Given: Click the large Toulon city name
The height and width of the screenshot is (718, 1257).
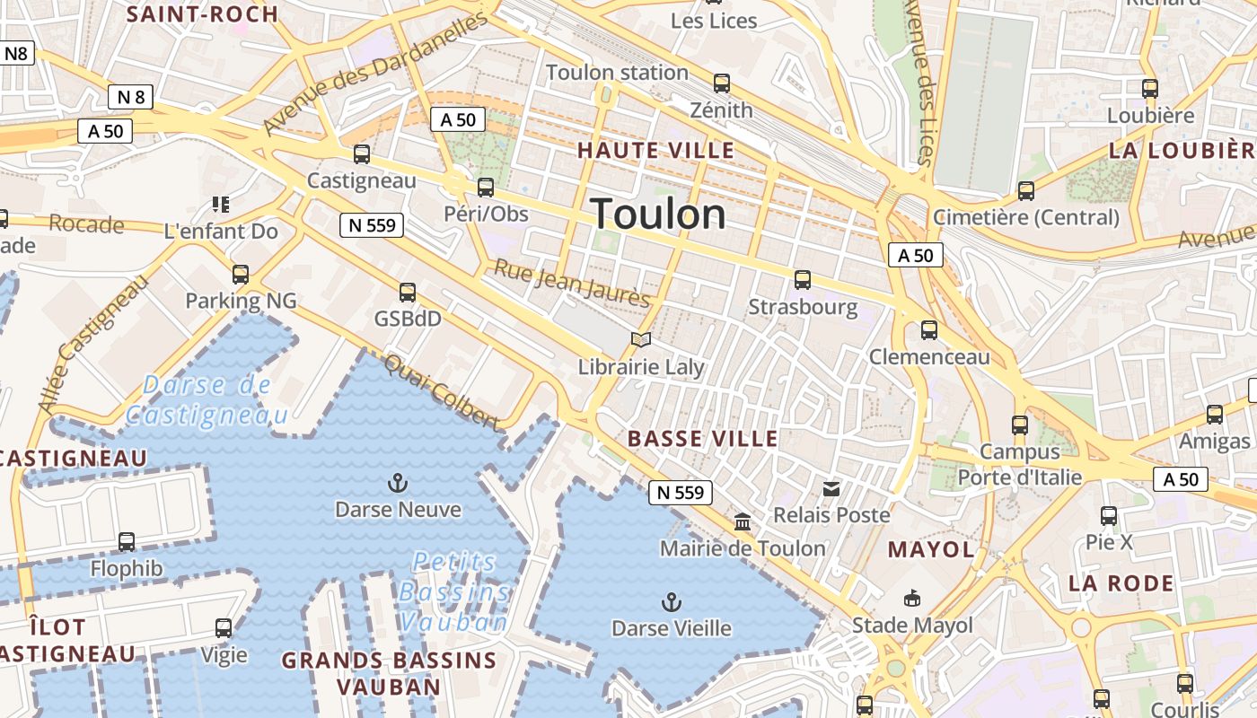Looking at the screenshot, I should (658, 215).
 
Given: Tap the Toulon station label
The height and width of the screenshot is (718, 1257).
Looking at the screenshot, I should (617, 73).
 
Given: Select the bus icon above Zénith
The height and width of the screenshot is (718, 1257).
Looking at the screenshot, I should (722, 83).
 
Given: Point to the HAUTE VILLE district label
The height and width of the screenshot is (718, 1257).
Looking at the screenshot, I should (656, 150).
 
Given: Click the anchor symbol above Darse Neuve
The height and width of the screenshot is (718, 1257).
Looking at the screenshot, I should (397, 484).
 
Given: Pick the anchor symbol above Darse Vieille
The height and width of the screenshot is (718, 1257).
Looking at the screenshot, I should (671, 602).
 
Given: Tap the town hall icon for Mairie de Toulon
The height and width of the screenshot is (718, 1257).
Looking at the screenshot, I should (743, 521).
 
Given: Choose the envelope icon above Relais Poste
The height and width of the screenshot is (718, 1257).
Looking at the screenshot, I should (831, 489).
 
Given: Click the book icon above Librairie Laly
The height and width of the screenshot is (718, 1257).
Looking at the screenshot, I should (640, 340).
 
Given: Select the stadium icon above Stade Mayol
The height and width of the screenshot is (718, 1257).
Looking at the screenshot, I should (912, 598).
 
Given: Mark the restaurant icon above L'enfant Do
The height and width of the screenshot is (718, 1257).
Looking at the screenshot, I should (221, 205).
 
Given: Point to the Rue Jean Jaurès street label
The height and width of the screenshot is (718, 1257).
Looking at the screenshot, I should (572, 283).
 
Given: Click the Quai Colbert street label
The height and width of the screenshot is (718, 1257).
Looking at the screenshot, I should (441, 392).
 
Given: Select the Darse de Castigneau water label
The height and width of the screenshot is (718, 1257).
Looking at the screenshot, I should (207, 400).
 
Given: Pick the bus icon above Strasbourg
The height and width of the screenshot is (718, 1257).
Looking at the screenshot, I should (803, 280).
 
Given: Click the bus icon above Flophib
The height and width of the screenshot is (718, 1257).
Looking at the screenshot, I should (127, 542).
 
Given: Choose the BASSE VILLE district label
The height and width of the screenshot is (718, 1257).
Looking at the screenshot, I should (703, 439).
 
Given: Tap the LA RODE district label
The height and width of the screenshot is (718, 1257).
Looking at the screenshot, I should (1121, 583).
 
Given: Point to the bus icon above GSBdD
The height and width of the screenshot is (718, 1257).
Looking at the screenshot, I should (408, 293).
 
